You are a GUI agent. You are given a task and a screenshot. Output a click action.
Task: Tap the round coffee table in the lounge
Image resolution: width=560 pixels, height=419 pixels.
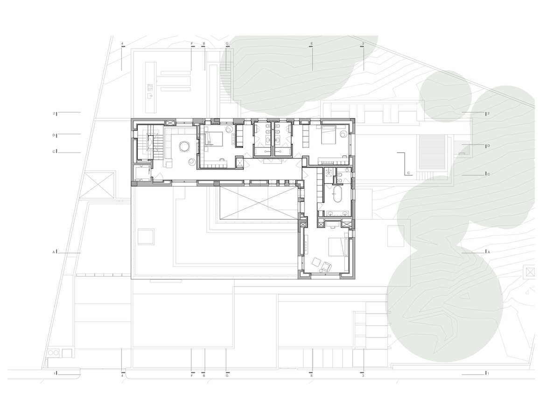[184, 147]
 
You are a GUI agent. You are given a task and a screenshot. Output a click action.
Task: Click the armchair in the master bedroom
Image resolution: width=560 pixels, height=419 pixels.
[326, 267]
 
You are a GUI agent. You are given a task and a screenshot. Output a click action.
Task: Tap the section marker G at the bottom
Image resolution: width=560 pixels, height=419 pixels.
[227, 374]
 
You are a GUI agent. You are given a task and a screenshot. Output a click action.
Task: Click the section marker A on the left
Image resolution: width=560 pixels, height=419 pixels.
[55, 251]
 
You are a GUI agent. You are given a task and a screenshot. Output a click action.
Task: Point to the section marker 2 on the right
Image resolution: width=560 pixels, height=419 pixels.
[487, 113]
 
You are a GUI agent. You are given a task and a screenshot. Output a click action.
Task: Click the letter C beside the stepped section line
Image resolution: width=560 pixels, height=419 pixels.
[408, 173]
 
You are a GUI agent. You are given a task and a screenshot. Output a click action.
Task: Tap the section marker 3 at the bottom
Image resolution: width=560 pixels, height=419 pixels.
[363, 374]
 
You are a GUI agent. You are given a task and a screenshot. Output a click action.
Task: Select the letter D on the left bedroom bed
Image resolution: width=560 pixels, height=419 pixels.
[209, 142]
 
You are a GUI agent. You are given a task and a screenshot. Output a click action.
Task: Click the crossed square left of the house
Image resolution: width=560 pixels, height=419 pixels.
[98, 185]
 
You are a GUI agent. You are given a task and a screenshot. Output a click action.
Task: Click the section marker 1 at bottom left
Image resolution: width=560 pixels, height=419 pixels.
[56, 373]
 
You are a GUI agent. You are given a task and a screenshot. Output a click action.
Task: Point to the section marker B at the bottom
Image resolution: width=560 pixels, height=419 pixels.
[204, 374]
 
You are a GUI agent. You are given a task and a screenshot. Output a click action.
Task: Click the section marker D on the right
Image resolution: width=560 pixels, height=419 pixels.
[487, 146]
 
